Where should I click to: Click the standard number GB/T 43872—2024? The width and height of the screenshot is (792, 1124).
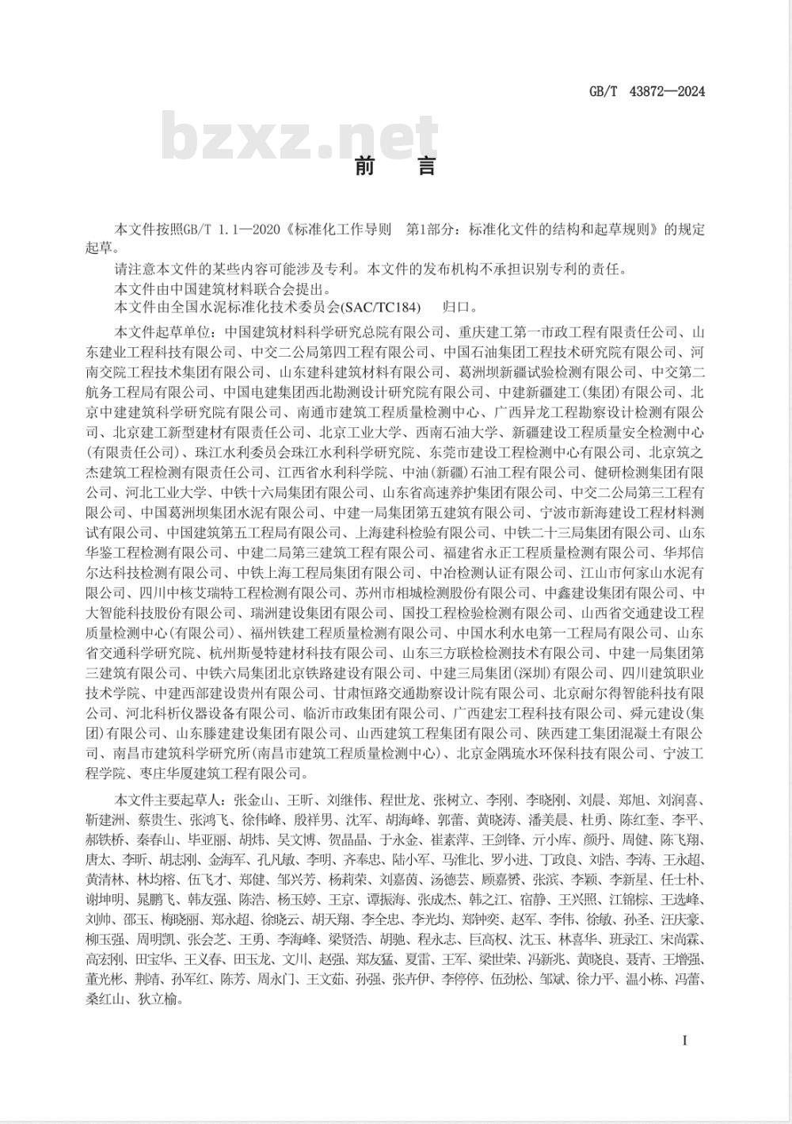[x=646, y=91]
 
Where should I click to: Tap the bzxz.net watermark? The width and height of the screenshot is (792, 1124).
[x=289, y=137]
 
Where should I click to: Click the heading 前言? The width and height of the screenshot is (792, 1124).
[x=395, y=167]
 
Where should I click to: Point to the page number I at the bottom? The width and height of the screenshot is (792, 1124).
[x=684, y=1039]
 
